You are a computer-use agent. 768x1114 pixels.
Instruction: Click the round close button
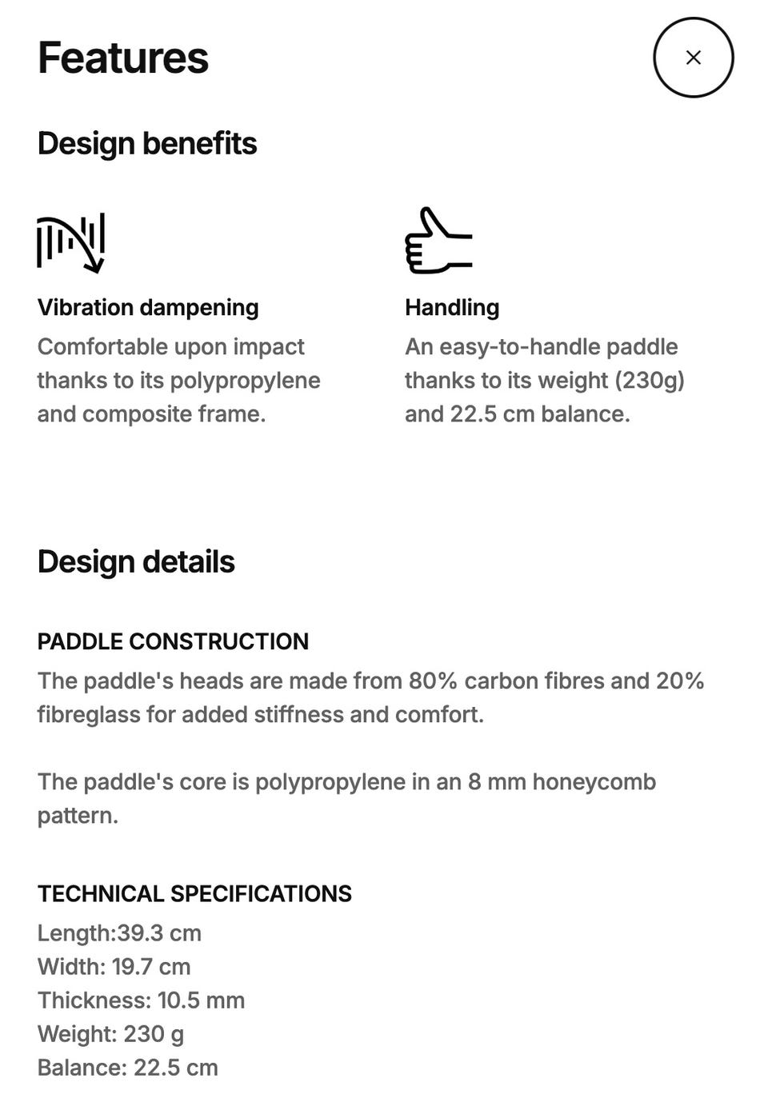coord(693,58)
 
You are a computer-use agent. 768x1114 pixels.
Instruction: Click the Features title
coord(123,58)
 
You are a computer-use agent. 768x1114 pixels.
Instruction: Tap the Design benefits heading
coord(147,144)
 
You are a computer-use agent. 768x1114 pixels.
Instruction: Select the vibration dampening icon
coord(70,242)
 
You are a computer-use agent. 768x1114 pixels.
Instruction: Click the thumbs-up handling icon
coord(438,241)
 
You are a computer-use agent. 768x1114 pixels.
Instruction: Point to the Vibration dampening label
coord(148,307)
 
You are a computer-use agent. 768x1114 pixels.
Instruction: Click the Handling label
coord(452,307)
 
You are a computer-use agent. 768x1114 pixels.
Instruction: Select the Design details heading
coord(136,561)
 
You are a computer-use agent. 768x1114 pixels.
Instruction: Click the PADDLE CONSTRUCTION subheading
coord(173,641)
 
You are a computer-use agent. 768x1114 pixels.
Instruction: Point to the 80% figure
coord(433,681)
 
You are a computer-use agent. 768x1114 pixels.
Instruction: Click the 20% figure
coord(680,681)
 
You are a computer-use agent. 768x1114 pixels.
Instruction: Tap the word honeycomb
coord(594,781)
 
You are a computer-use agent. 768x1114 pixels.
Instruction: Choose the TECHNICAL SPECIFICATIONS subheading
coord(194,893)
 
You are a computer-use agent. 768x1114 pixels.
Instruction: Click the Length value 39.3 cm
coord(159,933)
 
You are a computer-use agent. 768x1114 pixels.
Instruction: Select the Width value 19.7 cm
coord(151,967)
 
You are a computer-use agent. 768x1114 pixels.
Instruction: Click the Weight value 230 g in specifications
coord(154,1034)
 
